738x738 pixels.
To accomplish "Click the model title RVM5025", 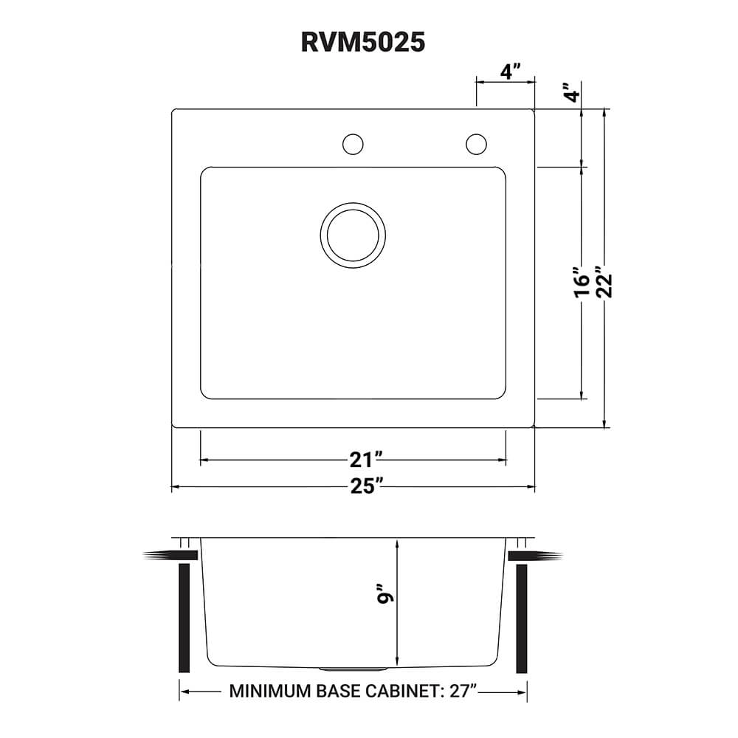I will (363, 42).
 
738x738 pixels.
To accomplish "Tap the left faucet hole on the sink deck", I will (353, 144).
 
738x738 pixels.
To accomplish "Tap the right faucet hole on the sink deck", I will (476, 144).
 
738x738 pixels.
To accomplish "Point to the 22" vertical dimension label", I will (606, 280).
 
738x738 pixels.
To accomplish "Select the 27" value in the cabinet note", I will (461, 692).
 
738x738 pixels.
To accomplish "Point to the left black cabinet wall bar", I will (184, 618).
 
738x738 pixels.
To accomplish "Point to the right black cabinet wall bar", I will (522, 618).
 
